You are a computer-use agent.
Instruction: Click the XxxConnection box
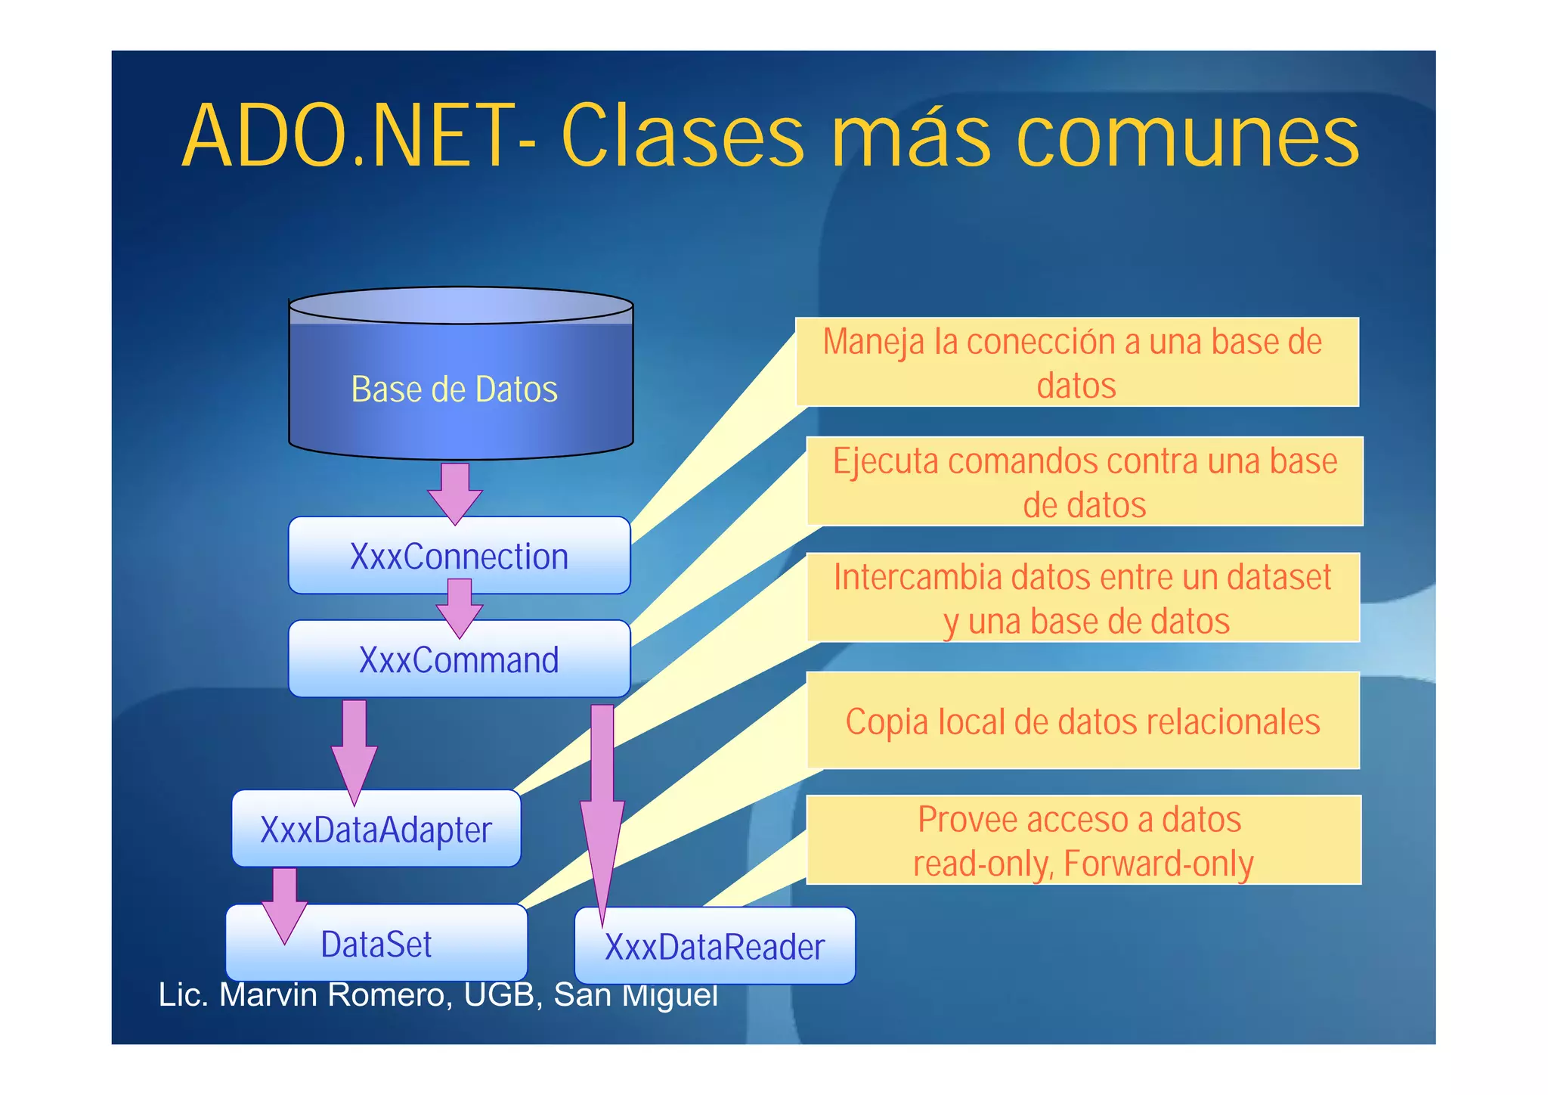click(459, 556)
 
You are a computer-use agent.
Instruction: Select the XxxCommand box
click(459, 660)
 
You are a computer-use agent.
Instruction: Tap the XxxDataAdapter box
click(376, 830)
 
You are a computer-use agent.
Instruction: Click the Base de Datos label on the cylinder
click(454, 389)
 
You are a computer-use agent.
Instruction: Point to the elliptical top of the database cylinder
click(460, 306)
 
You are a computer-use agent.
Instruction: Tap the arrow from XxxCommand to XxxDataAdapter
click(354, 749)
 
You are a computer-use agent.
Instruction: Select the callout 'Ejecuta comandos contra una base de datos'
click(1085, 482)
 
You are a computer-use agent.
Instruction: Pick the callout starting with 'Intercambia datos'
click(1083, 598)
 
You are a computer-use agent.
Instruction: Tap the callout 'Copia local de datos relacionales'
click(1082, 721)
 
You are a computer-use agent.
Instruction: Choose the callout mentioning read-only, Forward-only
click(1082, 840)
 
